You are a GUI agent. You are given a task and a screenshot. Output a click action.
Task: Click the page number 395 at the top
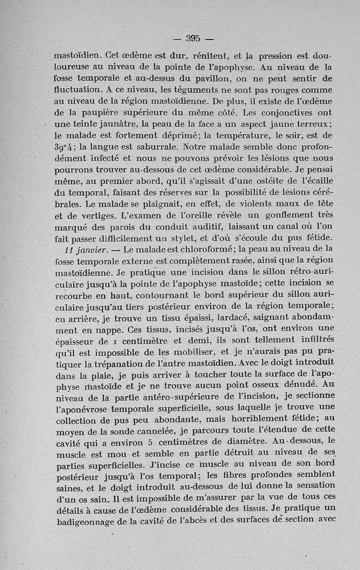193,38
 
